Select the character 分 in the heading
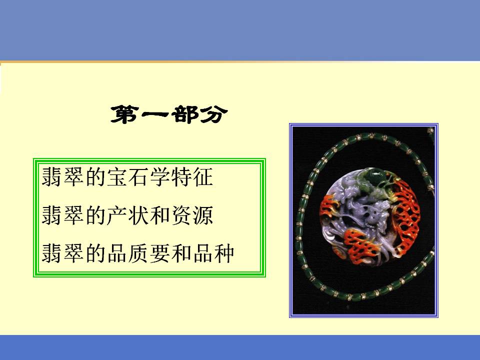coord(214,115)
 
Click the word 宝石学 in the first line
coord(138,177)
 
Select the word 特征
coord(192,177)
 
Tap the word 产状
coord(128,215)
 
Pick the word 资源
coord(192,215)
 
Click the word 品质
coord(128,253)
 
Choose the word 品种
coord(213,253)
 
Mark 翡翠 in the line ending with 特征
coord(63,177)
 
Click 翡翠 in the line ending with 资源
coord(63,215)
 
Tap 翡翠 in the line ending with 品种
coord(63,253)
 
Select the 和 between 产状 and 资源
coord(160,215)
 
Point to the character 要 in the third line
coord(160,253)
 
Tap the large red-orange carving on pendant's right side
coord(405,214)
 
